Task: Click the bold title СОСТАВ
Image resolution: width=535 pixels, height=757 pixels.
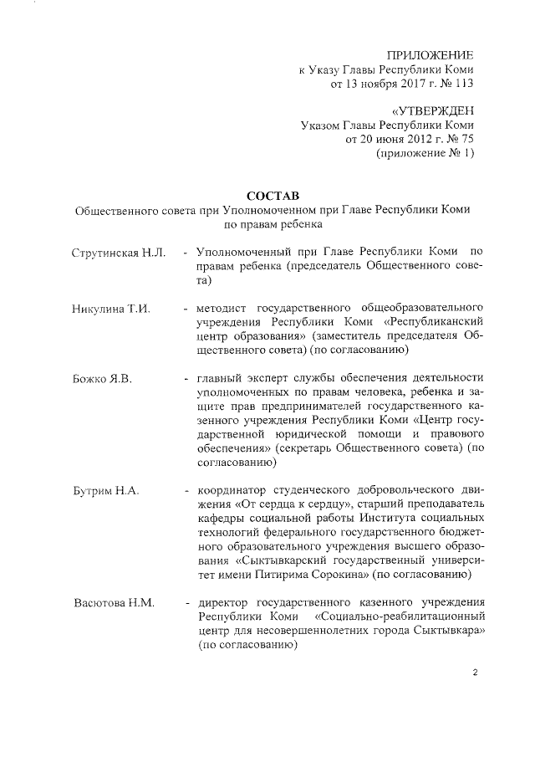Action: coord(272,195)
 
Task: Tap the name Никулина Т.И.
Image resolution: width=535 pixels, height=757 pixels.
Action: coord(110,309)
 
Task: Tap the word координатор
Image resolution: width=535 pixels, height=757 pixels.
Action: coord(236,489)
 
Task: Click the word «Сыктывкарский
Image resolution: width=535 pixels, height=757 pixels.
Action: coord(280,560)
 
